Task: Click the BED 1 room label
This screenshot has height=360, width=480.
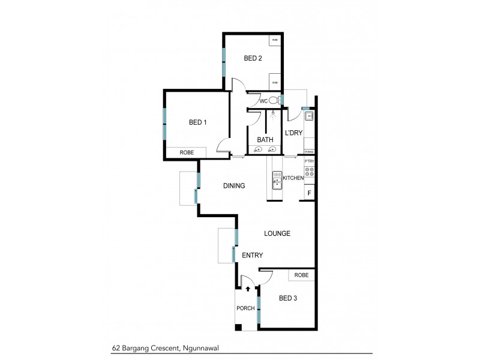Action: [197, 122]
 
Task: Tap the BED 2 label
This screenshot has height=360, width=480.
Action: [253, 58]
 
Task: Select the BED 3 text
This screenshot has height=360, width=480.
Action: [288, 298]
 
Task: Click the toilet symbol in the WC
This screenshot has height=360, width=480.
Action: [274, 100]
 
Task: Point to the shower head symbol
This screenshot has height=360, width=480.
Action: [273, 112]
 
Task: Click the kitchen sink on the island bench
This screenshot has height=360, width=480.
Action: [277, 180]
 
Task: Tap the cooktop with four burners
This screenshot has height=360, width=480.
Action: [310, 173]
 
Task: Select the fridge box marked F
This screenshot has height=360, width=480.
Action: [310, 193]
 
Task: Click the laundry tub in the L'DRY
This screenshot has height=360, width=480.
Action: [309, 115]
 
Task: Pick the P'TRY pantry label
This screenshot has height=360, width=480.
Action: [310, 161]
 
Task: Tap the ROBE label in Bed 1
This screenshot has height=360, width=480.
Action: [187, 154]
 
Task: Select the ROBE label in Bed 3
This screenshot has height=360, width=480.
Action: [302, 275]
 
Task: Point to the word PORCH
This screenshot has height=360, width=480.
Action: [247, 308]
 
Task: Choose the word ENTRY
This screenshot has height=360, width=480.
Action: [252, 255]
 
